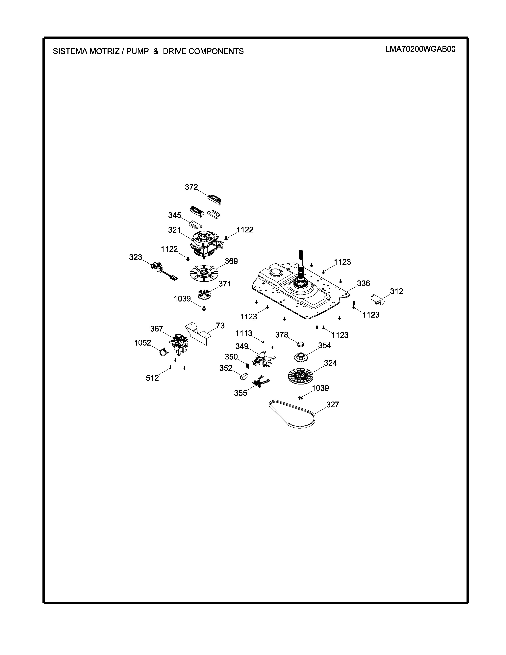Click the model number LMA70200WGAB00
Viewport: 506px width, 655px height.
(x=420, y=49)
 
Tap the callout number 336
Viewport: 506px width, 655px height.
(x=363, y=283)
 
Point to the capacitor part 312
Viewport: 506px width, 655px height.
(x=378, y=300)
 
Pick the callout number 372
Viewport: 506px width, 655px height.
(x=191, y=187)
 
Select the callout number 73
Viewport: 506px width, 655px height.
(x=220, y=326)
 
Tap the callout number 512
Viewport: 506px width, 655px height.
(x=152, y=378)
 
